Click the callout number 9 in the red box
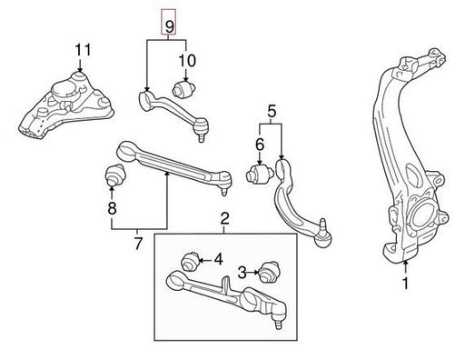pyautogui.click(x=169, y=25)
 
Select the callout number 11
pyautogui.click(x=83, y=50)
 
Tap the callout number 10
pyautogui.click(x=187, y=61)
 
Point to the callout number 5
pyautogui.click(x=272, y=112)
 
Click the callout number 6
pyautogui.click(x=260, y=145)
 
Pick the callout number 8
pyautogui.click(x=112, y=208)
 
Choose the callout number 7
pyautogui.click(x=138, y=244)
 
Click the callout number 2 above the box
pyautogui.click(x=224, y=219)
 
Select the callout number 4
pyautogui.click(x=219, y=260)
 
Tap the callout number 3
pyautogui.click(x=242, y=273)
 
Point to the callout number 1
pyautogui.click(x=406, y=283)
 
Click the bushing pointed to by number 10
pyautogui.click(x=184, y=89)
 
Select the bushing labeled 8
pyautogui.click(x=115, y=175)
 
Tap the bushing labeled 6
pyautogui.click(x=259, y=175)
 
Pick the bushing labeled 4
pyautogui.click(x=190, y=261)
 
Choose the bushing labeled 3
pyautogui.click(x=268, y=272)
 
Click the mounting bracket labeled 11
pyautogui.click(x=66, y=106)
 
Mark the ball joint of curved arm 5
pyautogui.click(x=323, y=235)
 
